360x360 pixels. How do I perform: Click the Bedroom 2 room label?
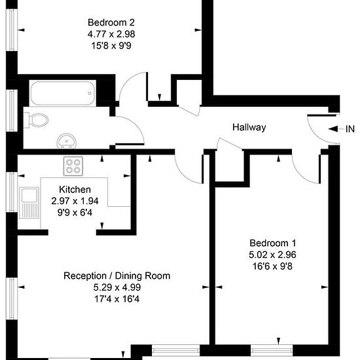[111, 22]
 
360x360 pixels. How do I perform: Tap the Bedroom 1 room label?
[273, 243]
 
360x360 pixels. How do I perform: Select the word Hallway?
[249, 127]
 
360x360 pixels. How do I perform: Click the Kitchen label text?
[75, 189]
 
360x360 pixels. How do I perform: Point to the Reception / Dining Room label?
[117, 276]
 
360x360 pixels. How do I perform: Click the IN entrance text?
[350, 129]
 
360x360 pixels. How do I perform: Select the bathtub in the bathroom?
[62, 93]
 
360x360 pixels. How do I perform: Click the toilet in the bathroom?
[36, 120]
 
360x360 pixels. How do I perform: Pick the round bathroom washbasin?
[66, 141]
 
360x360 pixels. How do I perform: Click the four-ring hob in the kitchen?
[73, 166]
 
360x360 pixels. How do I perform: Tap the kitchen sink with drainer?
[29, 202]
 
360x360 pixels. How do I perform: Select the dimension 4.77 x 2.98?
[111, 34]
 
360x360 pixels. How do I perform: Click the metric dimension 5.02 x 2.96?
[272, 255]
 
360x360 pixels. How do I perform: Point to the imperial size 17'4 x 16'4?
[117, 299]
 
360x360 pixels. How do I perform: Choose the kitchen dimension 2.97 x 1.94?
[75, 201]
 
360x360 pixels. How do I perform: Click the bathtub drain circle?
[90, 93]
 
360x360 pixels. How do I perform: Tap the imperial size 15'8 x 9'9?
[111, 46]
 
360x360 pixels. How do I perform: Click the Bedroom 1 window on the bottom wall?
[272, 351]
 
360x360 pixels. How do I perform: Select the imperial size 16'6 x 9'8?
[272, 266]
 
